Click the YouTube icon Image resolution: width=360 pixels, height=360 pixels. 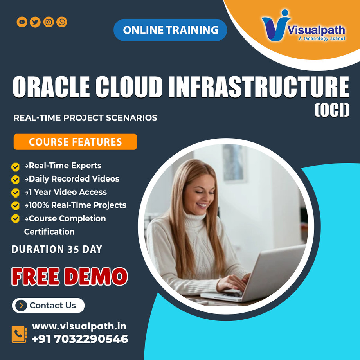coord(22,22)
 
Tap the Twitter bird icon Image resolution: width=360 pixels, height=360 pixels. coord(35,22)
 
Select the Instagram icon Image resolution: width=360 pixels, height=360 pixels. coord(49,22)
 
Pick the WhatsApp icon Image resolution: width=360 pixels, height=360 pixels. coord(61,22)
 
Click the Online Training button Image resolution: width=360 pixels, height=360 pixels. coord(170,30)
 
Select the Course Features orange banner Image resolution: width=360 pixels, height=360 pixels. coord(75,142)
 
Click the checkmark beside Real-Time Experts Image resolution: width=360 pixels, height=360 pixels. coord(15,167)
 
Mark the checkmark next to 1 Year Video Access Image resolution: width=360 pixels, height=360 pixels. coord(15,193)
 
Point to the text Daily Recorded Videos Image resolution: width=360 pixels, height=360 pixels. coord(74,179)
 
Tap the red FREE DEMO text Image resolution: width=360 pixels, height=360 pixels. coord(69,277)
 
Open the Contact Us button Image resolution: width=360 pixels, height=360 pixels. coord(48,306)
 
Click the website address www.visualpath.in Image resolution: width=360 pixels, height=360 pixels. coord(79,326)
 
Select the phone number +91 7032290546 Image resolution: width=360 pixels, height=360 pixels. coord(79,339)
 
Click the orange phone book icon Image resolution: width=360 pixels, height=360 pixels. coord(19,334)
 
